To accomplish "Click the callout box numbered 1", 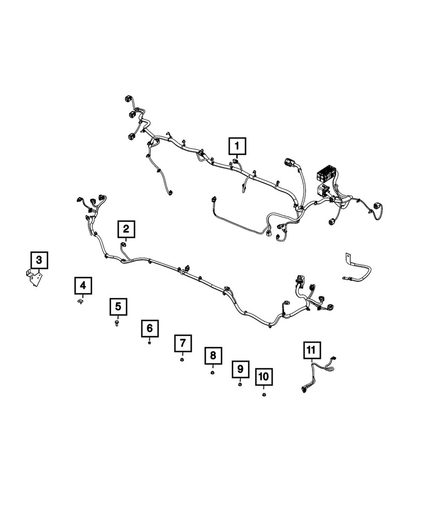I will tap(238, 146).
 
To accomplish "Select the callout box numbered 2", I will tap(127, 228).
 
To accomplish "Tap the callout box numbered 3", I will tap(39, 260).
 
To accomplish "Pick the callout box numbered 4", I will tap(83, 285).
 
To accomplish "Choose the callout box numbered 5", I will tap(118, 307).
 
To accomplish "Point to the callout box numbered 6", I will tap(150, 328).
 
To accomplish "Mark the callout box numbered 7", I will tap(182, 343).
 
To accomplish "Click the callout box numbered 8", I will tap(212, 356).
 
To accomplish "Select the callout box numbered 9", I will tap(240, 369).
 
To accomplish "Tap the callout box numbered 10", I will tap(264, 377).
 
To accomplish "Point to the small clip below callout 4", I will tap(81, 302).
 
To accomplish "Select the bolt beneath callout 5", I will tap(117, 323).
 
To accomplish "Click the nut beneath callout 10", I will tap(264, 395).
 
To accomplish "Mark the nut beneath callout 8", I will tap(212, 372).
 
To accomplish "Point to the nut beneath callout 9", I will tap(240, 385).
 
